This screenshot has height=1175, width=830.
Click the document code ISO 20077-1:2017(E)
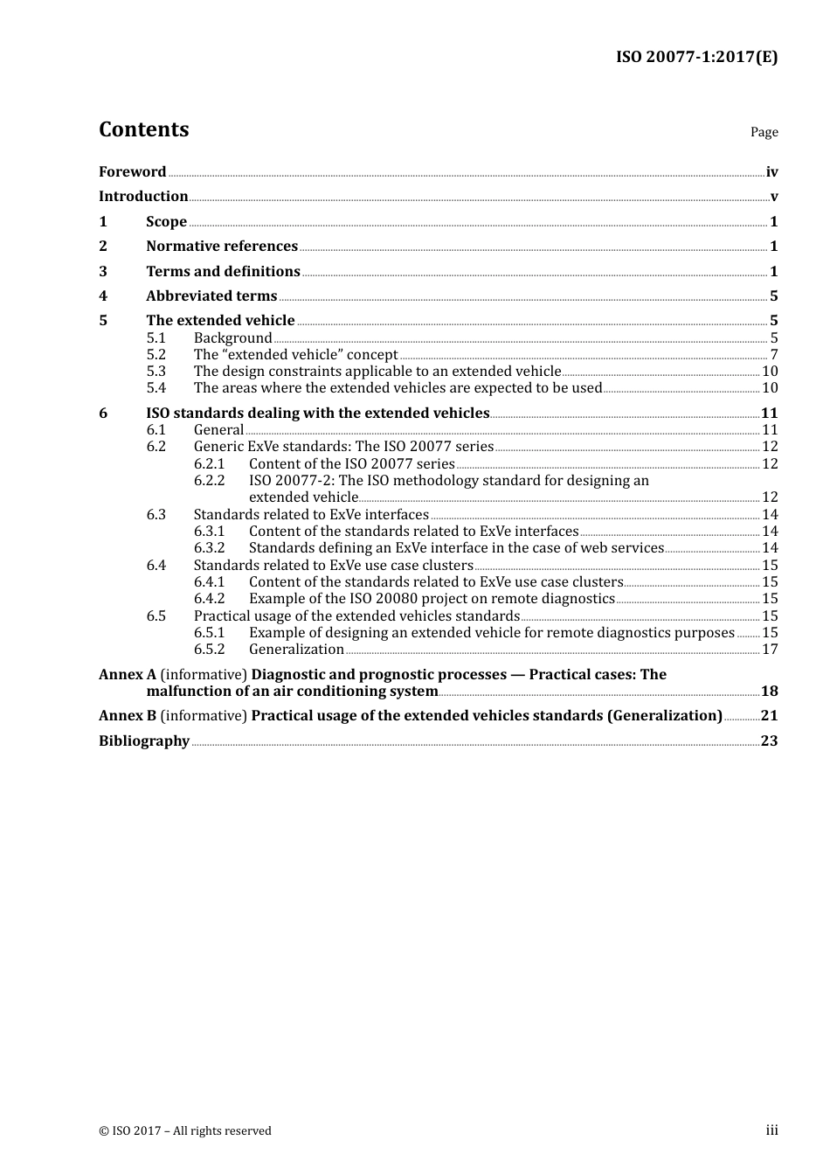[x=696, y=57]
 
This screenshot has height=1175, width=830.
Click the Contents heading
[x=143, y=129]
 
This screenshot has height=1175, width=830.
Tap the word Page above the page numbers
[x=764, y=132]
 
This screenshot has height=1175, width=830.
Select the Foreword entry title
[x=132, y=172]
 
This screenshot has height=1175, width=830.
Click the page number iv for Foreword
[x=771, y=172]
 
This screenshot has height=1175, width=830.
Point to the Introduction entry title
[x=143, y=197]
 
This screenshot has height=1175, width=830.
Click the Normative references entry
[x=222, y=247]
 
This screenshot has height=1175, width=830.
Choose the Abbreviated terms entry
[x=211, y=296]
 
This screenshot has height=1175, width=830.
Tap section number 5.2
[x=156, y=355]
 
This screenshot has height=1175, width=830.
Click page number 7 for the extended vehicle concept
[x=773, y=355]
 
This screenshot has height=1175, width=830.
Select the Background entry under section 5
[x=232, y=338]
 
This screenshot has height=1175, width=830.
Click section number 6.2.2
[x=209, y=481]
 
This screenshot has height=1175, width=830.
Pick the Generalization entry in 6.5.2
[x=296, y=650]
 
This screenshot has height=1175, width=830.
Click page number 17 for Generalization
[x=770, y=650]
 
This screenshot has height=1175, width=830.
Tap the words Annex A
[x=128, y=675]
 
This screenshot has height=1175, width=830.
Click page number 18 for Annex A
[x=769, y=692]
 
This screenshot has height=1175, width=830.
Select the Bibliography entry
[x=144, y=741]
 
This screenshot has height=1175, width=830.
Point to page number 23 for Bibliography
[x=769, y=741]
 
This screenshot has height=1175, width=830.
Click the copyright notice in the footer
[x=185, y=1131]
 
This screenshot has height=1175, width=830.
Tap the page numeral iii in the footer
[x=771, y=1130]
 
